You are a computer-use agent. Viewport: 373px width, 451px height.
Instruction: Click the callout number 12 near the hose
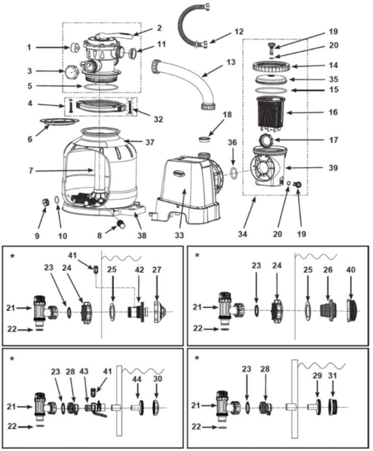[239, 32]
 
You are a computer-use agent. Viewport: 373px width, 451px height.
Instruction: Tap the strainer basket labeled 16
[273, 112]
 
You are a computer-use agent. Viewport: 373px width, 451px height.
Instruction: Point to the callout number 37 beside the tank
[150, 142]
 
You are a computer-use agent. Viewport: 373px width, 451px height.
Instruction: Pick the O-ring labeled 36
[235, 172]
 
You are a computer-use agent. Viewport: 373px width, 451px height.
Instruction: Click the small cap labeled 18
[205, 139]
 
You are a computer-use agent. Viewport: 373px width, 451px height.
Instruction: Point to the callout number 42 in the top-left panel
[139, 270]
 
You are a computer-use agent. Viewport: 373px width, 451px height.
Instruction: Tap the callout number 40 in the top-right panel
[351, 270]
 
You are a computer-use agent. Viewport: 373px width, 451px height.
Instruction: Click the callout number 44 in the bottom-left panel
[137, 379]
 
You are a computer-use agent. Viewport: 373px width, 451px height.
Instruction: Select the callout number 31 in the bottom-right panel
[333, 375]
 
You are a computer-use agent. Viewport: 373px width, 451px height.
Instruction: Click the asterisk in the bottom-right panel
[197, 358]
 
